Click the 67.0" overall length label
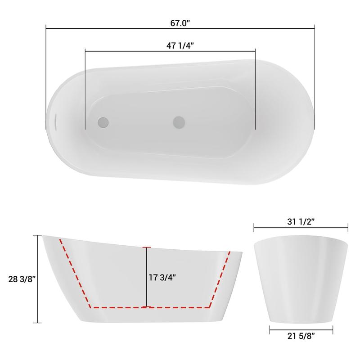coord(180,23)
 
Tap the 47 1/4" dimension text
coord(180,46)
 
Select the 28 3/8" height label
coord(22,279)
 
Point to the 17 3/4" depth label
coord(162,277)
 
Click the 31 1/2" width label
coord(301,221)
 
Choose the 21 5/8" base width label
coord(301,336)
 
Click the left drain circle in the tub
coord(103,122)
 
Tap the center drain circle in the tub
coord(179,122)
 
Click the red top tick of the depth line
coord(147,247)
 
